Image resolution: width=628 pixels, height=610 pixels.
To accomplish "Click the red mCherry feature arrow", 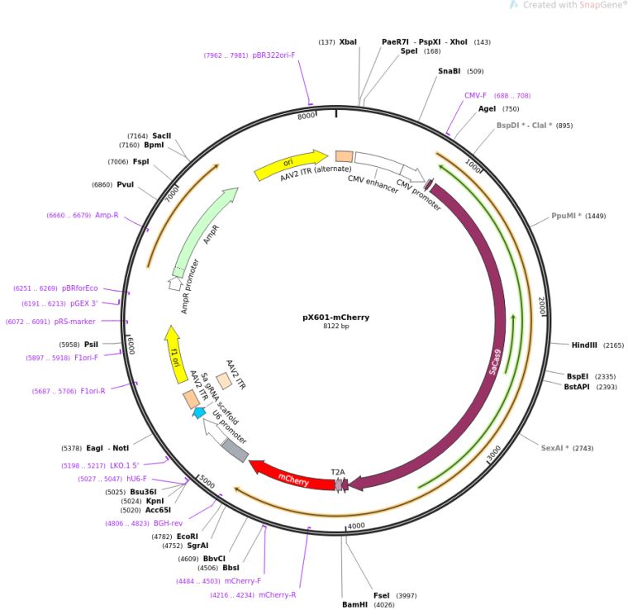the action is tap(293, 477).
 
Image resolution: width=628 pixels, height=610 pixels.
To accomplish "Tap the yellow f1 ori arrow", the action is tap(175, 355).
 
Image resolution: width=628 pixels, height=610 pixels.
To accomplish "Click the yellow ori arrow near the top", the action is tap(291, 164).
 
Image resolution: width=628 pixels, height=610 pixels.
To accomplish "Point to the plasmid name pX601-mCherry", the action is tap(336, 317).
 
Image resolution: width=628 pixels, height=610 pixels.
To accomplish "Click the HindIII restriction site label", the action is tap(584, 345).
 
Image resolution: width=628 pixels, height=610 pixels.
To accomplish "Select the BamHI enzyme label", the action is tap(354, 604).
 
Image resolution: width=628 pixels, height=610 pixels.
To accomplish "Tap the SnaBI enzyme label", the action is tap(449, 71).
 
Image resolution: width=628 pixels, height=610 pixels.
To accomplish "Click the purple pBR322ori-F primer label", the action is tap(274, 55).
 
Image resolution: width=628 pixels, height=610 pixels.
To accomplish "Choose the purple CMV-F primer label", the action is tap(475, 95).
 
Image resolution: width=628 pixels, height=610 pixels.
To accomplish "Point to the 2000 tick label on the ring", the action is tap(541, 305).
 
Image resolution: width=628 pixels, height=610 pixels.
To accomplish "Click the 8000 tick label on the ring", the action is tap(306, 116).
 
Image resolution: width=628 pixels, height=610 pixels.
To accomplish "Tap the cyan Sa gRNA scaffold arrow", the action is tap(199, 412).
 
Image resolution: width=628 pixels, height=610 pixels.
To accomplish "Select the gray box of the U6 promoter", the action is tap(235, 450).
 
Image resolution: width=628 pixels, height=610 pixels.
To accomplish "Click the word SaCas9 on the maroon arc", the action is tap(495, 362).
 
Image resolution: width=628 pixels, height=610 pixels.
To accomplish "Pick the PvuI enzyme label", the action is tap(126, 184).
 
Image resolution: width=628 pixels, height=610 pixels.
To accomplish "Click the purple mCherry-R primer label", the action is tap(277, 595).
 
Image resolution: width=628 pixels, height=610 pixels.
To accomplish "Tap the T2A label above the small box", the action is tap(338, 472).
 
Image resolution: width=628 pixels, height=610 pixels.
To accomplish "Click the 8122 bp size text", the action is tap(336, 326).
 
